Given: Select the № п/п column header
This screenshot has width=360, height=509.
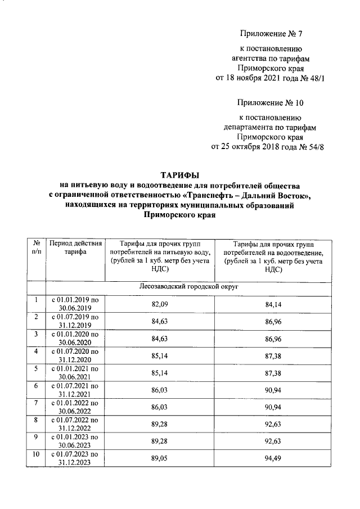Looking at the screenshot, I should pos(37,248).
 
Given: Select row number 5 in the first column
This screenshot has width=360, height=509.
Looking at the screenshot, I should pos(37,369).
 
